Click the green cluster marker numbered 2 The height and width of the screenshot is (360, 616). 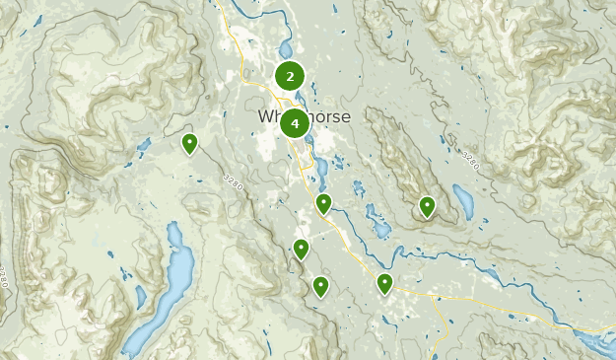[290, 75]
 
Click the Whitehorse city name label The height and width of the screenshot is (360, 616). [304, 116]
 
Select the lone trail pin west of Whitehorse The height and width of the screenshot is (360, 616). [189, 144]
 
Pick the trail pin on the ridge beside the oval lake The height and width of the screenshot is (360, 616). [427, 206]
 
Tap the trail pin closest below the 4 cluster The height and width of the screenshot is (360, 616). [323, 204]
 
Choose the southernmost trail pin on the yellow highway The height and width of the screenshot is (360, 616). [384, 284]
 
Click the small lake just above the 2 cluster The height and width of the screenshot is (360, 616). [285, 49]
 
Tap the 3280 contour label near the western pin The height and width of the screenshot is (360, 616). [233, 182]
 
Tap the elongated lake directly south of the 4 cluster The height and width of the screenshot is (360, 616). [321, 168]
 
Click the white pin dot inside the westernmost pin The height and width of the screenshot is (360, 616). [189, 142]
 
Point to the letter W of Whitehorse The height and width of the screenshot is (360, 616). [265, 116]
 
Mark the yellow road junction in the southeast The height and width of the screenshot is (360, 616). [435, 293]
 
